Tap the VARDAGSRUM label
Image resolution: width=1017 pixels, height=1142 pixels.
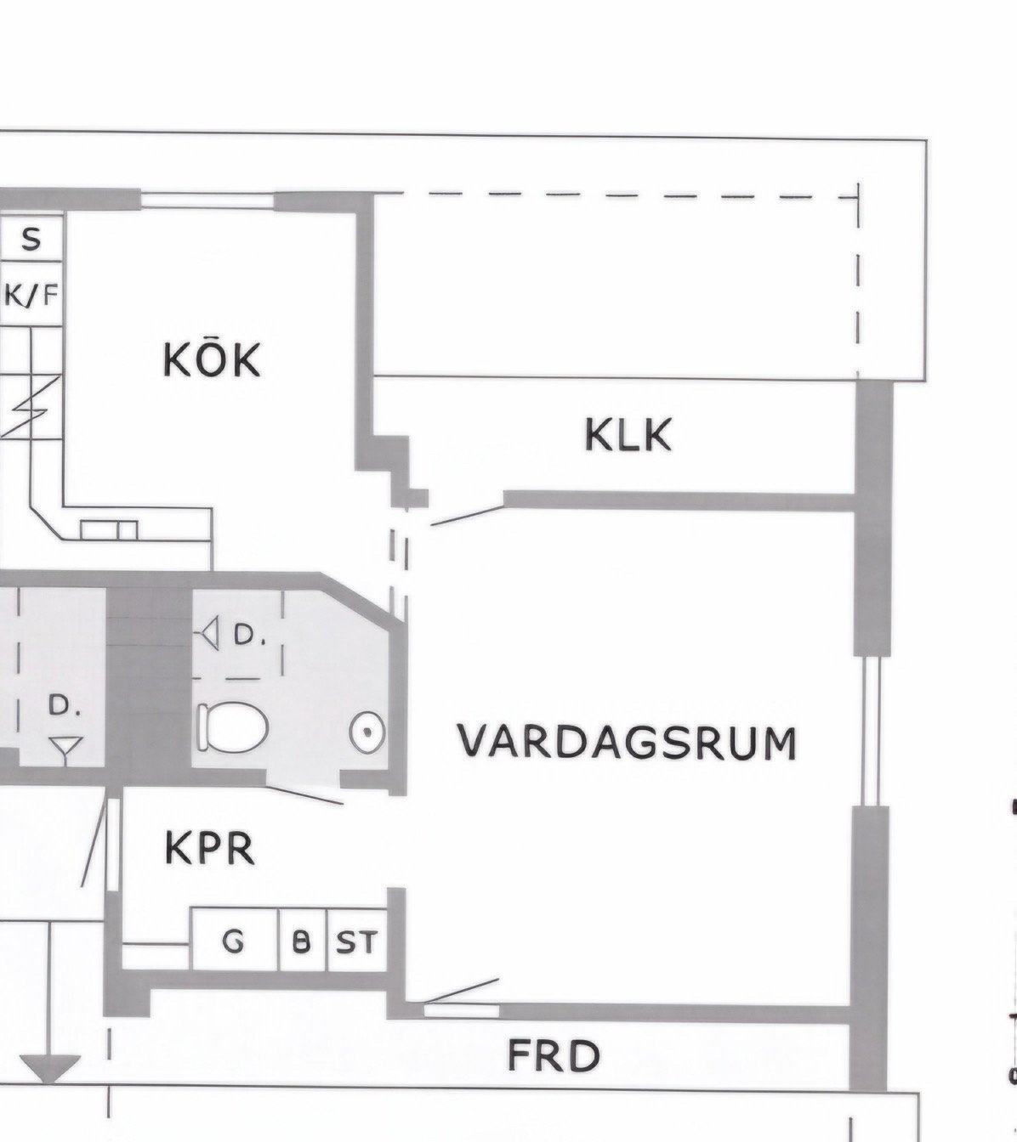[627, 743]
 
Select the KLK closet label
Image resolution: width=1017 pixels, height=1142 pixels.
[628, 434]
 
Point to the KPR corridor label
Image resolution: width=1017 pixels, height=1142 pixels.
[210, 848]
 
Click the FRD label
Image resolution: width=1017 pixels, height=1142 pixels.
[554, 1056]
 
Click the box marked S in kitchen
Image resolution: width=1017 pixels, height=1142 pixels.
[31, 238]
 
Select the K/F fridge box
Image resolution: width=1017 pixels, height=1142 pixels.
[31, 294]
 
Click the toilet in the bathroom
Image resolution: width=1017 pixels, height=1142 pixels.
[232, 726]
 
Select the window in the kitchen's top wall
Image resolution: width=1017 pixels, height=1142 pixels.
[207, 201]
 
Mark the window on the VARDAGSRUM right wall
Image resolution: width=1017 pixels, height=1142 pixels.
[872, 731]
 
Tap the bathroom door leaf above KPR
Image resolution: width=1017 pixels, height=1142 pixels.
[304, 794]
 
